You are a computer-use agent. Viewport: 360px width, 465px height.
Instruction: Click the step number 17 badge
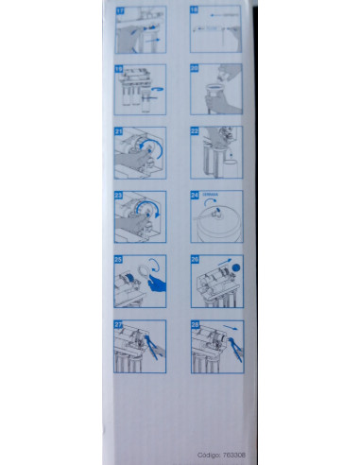tap(118, 10)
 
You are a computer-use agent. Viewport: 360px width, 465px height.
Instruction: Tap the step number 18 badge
tap(196, 10)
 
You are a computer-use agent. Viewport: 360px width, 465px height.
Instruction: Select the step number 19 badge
tap(118, 69)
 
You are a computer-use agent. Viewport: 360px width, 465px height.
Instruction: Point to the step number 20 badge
tap(196, 69)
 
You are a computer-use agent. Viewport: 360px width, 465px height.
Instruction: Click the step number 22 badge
tap(196, 132)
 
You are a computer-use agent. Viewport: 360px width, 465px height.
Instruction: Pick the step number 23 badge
tap(118, 197)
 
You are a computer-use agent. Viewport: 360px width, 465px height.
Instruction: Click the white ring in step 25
tap(149, 267)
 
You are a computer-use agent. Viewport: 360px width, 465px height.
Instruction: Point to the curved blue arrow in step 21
tap(146, 146)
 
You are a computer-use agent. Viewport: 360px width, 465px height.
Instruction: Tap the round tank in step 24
tap(218, 223)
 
